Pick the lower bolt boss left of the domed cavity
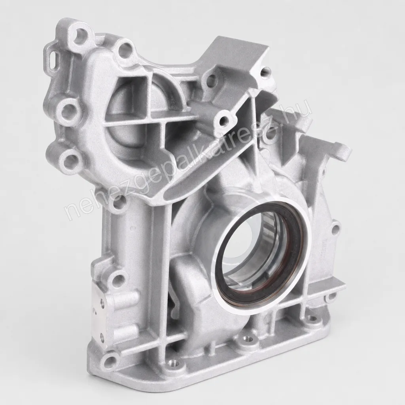click(70, 159)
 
